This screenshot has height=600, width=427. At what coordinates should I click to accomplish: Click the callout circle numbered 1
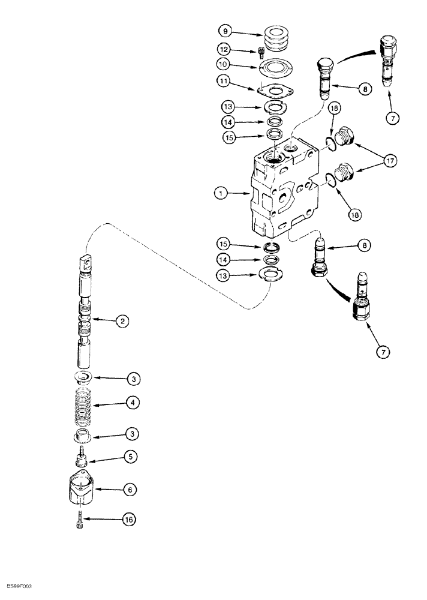pos(222,193)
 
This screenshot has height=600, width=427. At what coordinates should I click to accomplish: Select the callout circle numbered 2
pos(122,322)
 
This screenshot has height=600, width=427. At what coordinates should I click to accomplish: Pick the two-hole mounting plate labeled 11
pos(275,91)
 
